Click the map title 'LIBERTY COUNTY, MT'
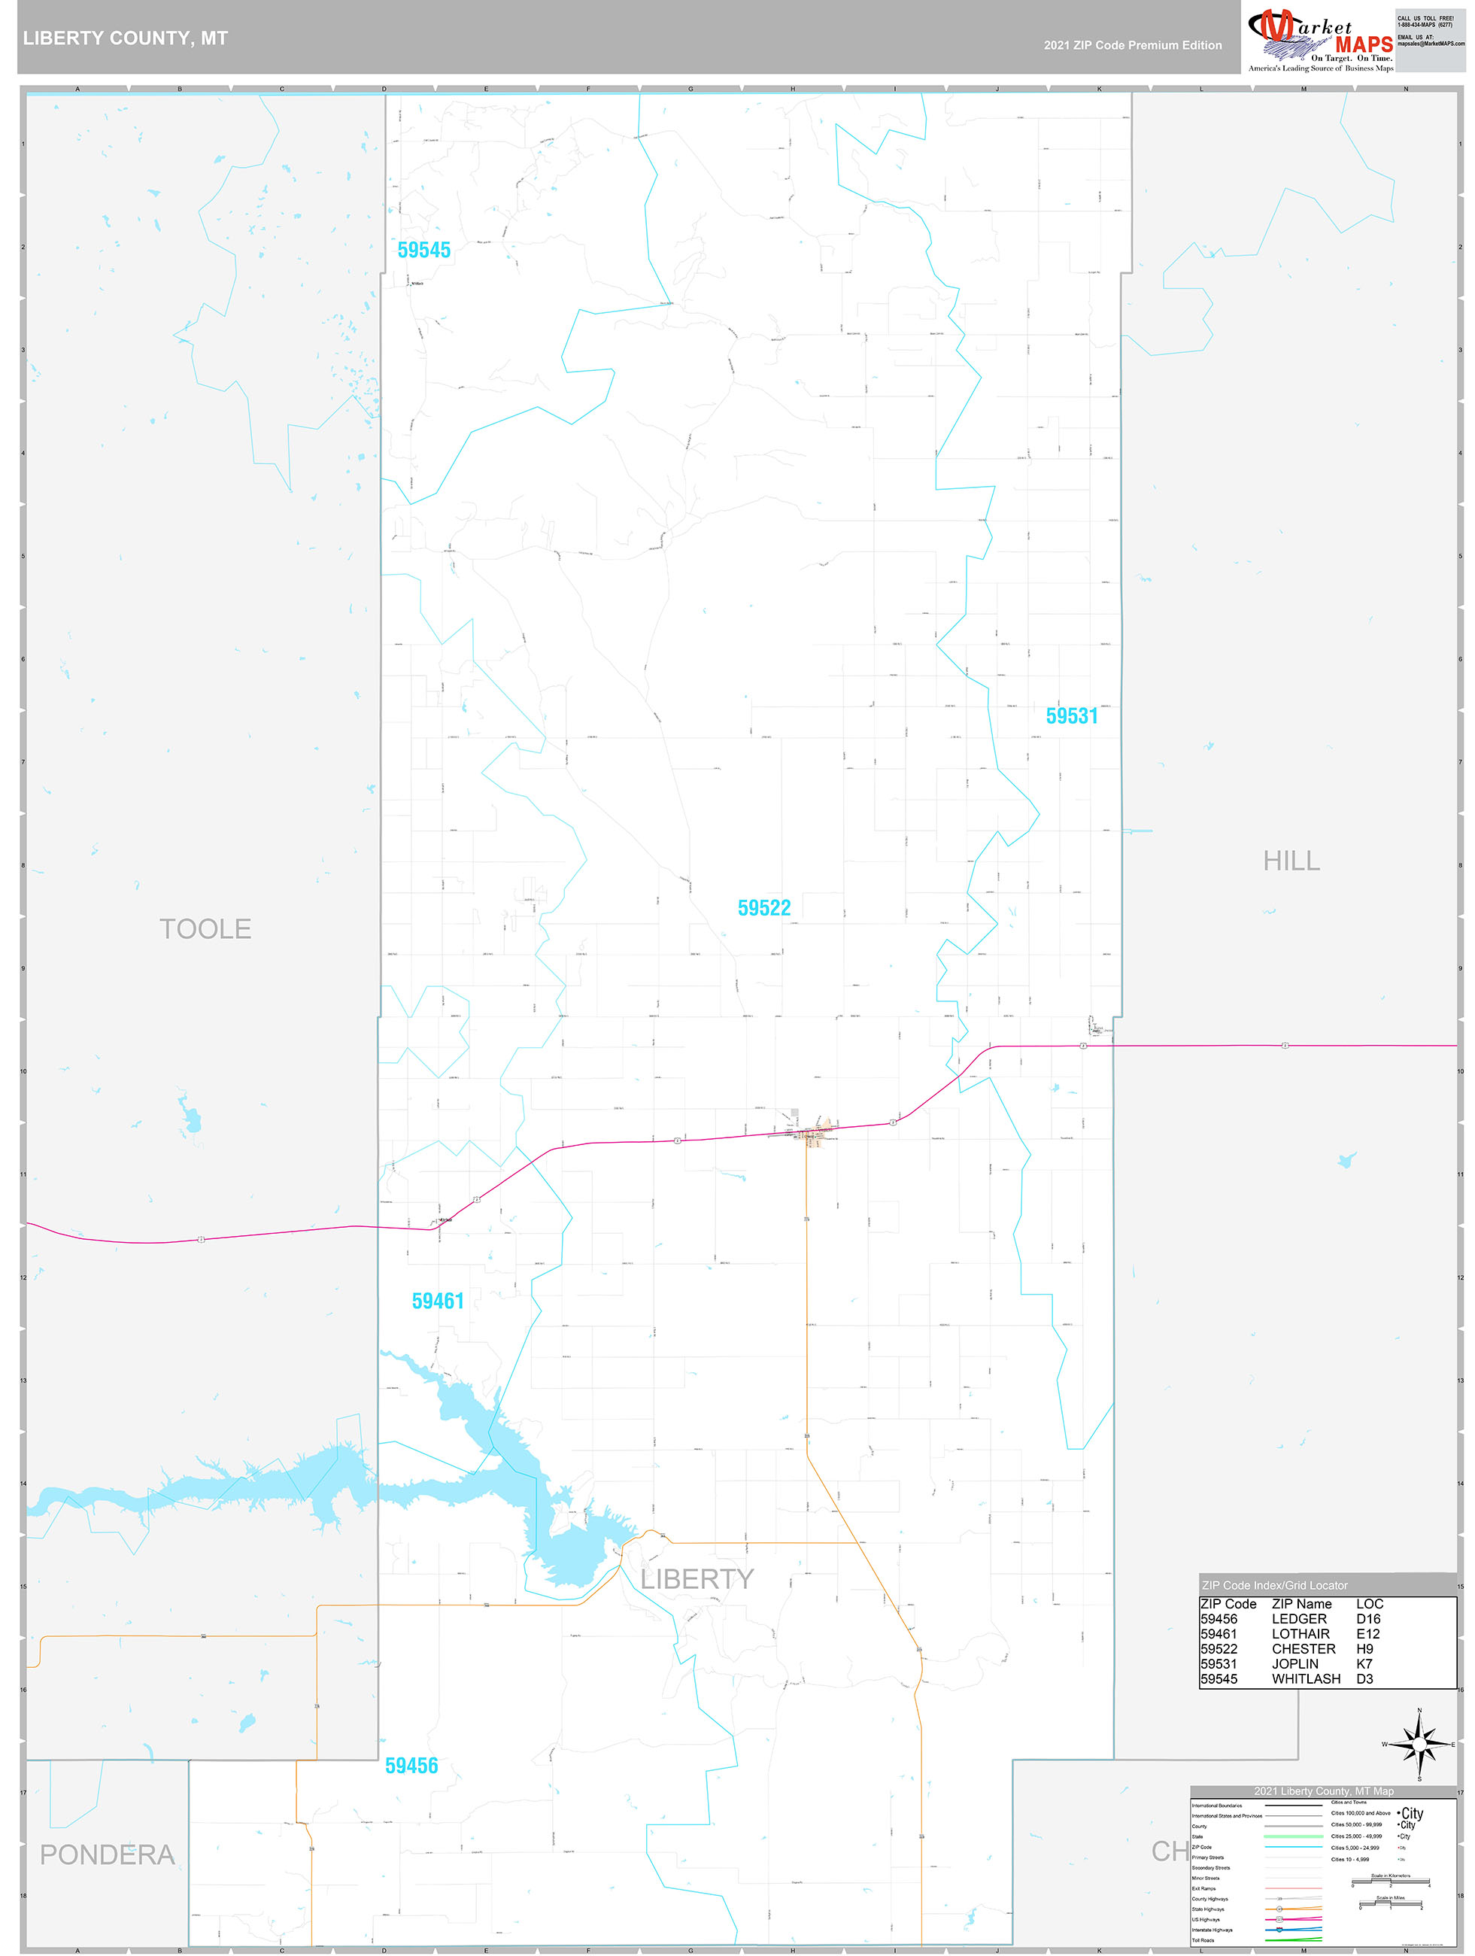coord(126,38)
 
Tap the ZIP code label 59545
coord(423,251)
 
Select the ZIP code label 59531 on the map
coord(1071,716)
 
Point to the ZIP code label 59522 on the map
coord(764,908)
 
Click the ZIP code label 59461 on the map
coord(438,1301)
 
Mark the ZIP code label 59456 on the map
coord(411,1766)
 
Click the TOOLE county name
coord(205,929)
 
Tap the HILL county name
coord(1291,861)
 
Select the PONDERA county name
coord(107,1855)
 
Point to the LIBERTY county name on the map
coord(697,1579)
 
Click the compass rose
coord(1419,1745)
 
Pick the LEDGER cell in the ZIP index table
coord(1299,1619)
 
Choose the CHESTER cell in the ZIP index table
coord(1304,1649)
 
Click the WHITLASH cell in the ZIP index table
coord(1306,1679)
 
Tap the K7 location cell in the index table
coord(1364,1664)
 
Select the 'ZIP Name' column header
coord(1302,1604)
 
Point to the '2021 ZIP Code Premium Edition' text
coord(1132,45)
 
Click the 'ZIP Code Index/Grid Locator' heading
coord(1274,1586)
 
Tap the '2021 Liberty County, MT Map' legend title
coord(1323,1791)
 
